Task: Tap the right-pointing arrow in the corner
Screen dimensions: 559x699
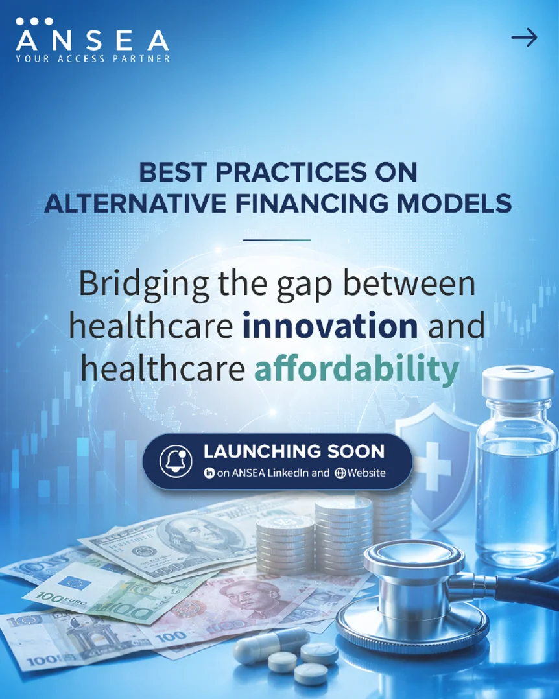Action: click(x=524, y=38)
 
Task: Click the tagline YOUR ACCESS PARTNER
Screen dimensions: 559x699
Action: click(x=93, y=59)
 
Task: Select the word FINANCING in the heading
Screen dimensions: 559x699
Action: click(x=311, y=204)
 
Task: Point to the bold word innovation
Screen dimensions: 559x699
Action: click(x=330, y=326)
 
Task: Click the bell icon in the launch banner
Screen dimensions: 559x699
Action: click(x=176, y=461)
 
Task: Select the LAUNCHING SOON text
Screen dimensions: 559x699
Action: click(x=294, y=451)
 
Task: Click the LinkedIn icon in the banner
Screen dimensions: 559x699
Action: click(x=209, y=473)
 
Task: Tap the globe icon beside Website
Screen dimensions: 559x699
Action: click(x=340, y=473)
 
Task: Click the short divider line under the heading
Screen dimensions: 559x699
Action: click(x=277, y=240)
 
